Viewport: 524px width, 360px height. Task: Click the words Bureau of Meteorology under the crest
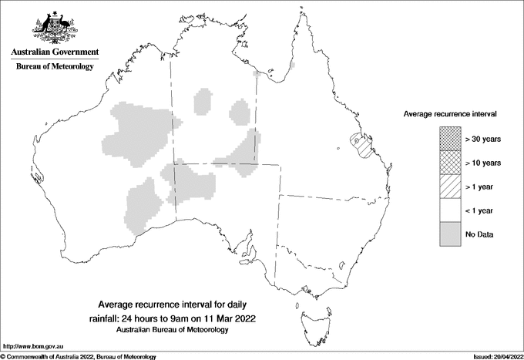[x=54, y=66]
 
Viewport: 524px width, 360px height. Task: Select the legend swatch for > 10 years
[x=450, y=163]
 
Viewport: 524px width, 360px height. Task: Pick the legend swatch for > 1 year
[x=450, y=187]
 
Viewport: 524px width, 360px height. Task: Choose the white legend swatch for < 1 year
[x=450, y=210]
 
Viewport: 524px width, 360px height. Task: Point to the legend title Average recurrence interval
[x=450, y=113]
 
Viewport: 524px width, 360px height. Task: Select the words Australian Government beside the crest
[x=54, y=52]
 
